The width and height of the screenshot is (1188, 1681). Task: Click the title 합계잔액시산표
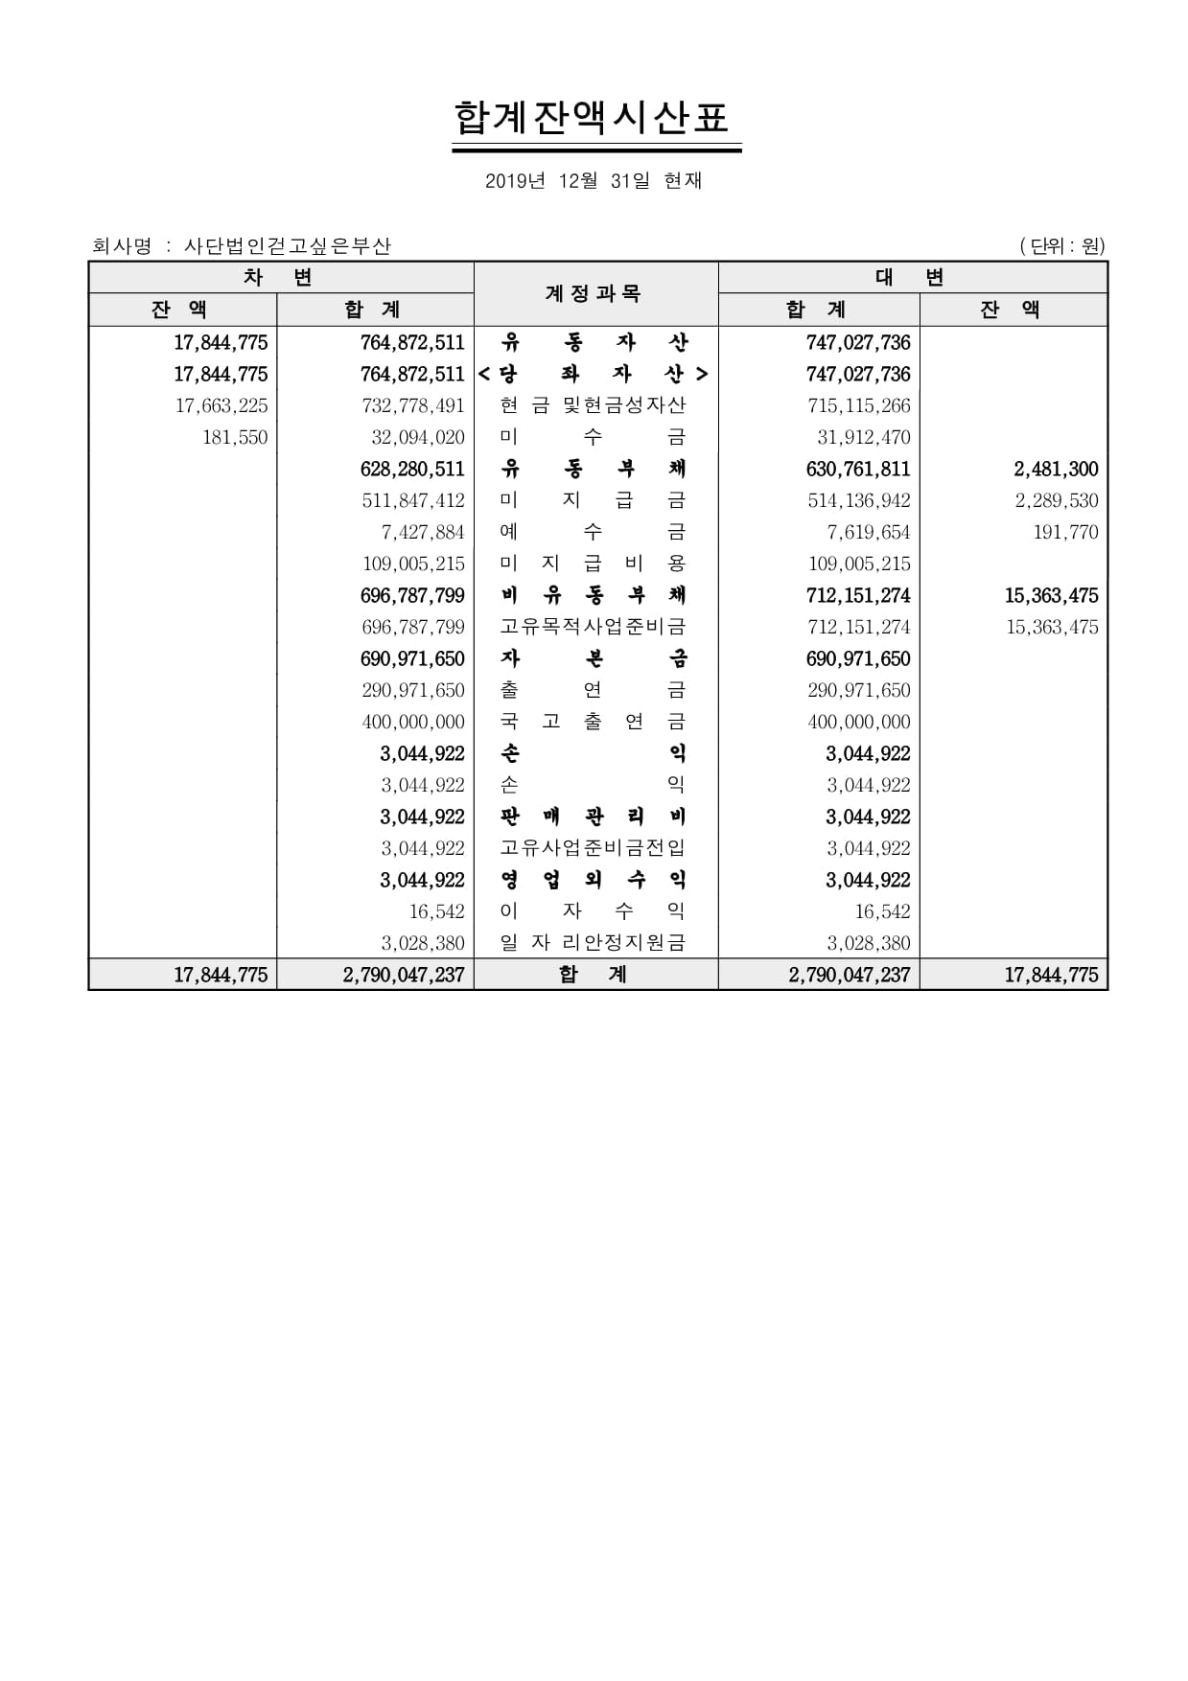(593, 118)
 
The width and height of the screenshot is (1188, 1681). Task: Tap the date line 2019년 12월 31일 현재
(594, 180)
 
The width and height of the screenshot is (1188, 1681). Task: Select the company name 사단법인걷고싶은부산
(288, 246)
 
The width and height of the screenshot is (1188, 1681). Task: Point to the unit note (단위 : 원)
(1062, 246)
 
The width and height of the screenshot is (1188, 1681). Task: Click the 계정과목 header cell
(594, 293)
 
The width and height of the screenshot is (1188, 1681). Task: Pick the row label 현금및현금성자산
(594, 405)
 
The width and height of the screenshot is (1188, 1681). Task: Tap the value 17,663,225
(221, 405)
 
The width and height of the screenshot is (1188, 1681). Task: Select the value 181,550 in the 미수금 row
(235, 437)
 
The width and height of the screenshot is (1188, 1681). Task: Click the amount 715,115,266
(858, 405)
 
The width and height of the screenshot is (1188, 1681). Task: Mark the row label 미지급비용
(594, 564)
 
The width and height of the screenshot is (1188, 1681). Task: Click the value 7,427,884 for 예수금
(423, 532)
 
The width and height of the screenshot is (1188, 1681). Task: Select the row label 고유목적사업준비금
(594, 627)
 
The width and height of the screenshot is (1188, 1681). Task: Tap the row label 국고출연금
(594, 722)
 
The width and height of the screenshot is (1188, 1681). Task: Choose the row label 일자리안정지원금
(594, 943)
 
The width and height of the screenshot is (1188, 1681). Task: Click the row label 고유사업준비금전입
(594, 848)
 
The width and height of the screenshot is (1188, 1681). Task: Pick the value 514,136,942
(858, 500)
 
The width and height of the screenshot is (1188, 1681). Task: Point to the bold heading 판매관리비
(594, 817)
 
